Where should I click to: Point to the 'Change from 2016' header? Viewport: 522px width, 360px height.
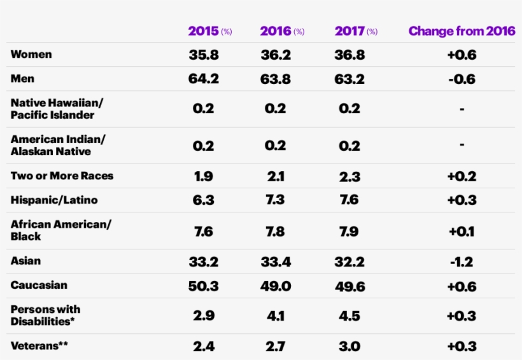coord(462,31)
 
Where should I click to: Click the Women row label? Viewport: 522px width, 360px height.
coord(31,55)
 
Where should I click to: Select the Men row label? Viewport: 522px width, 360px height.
coord(22,79)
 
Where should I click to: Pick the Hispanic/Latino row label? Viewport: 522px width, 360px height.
coord(53,200)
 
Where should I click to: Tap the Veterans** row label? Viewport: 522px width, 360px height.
coord(39,346)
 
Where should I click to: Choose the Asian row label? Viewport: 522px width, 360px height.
coord(25,261)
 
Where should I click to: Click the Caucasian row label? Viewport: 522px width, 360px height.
coord(39,286)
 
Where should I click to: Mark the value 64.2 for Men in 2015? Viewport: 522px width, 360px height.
coord(204,80)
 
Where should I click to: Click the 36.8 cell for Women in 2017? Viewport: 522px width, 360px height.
coord(349,55)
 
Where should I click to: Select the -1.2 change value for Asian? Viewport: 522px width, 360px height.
coord(462,261)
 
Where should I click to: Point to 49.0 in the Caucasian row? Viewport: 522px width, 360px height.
coord(276,286)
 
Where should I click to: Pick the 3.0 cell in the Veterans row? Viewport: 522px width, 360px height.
coord(349,347)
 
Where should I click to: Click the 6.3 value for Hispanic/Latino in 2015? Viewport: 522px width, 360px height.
coord(204,200)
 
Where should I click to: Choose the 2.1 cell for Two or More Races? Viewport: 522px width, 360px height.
coord(276,176)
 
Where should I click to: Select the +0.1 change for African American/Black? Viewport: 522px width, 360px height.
coord(462,231)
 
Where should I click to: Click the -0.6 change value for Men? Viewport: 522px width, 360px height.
coord(462,80)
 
